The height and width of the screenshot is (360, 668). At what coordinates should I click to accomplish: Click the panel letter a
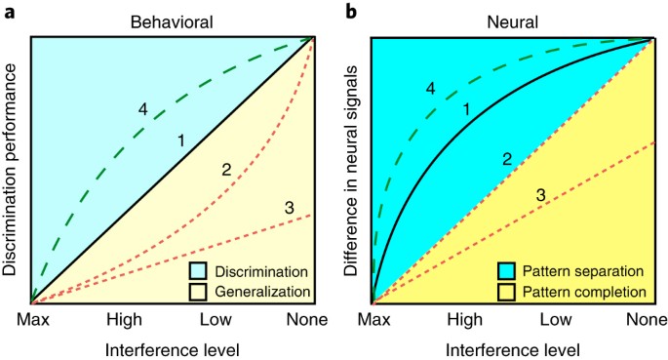click(7, 10)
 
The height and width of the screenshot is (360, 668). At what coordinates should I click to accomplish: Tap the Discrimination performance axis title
click(13, 170)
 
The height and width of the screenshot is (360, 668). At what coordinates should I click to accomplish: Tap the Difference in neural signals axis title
click(353, 170)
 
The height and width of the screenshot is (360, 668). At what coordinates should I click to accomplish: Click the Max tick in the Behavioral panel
click(31, 320)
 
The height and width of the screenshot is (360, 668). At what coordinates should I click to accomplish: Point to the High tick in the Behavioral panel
click(125, 320)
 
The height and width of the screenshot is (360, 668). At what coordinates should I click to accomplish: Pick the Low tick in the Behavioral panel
click(219, 320)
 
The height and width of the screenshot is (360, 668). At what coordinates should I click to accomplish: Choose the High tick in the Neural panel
click(464, 320)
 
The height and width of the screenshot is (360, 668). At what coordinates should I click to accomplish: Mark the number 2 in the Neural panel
click(505, 157)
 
